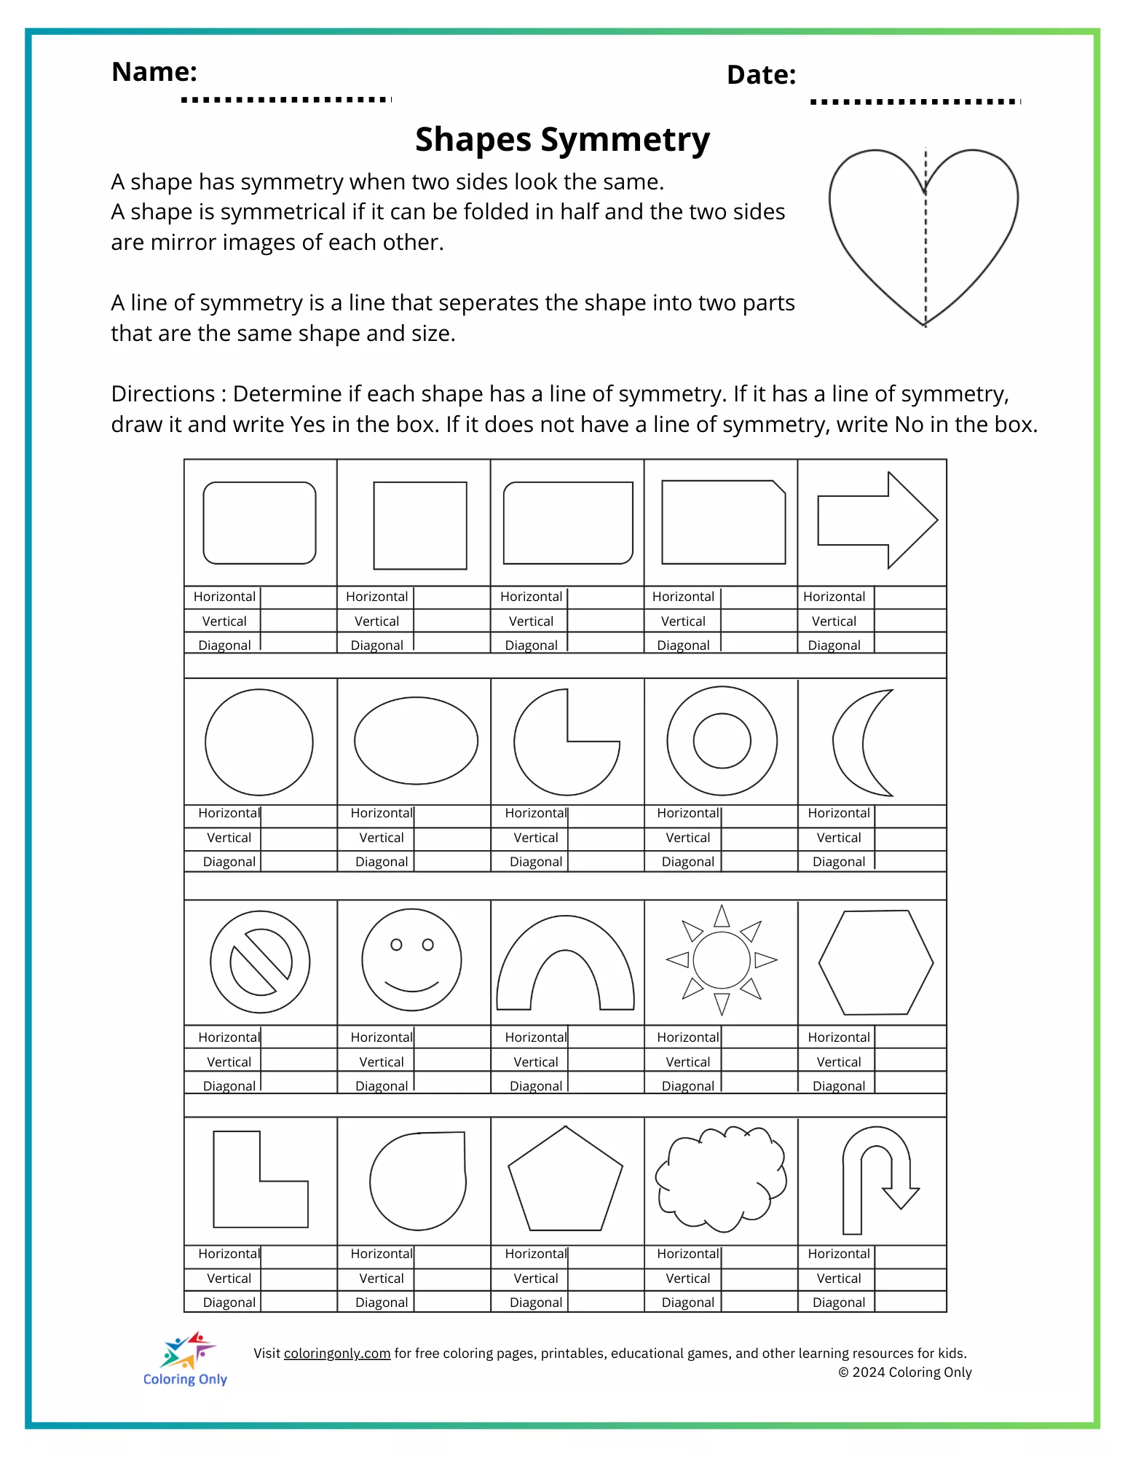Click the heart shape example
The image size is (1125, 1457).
(x=923, y=233)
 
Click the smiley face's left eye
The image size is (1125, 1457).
(x=396, y=945)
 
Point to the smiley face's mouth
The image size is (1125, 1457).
(x=411, y=986)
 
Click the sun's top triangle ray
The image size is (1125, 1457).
(x=722, y=916)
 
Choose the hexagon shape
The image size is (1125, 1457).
(x=876, y=962)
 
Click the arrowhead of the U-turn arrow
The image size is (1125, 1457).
(x=901, y=1197)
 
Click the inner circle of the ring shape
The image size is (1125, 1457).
(x=722, y=741)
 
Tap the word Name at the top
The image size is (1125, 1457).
(x=154, y=71)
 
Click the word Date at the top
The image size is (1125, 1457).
(x=761, y=75)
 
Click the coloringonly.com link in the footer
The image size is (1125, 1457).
(x=337, y=1353)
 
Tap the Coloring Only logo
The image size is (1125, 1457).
(x=186, y=1359)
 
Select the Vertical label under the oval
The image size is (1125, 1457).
(x=382, y=838)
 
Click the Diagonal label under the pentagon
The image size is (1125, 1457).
(x=536, y=1302)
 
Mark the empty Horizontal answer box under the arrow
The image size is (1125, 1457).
(x=909, y=597)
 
